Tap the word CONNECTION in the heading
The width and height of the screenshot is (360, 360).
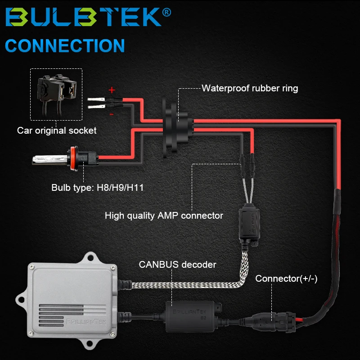65,46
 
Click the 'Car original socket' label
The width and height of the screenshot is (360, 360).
57,131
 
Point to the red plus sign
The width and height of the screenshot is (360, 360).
112,90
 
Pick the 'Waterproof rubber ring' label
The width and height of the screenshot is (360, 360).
250,88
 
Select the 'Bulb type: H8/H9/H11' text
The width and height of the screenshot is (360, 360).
97,187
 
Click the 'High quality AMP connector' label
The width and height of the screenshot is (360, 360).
164,216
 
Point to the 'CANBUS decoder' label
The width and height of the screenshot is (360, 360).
177,265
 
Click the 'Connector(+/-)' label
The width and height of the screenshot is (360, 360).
286,279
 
